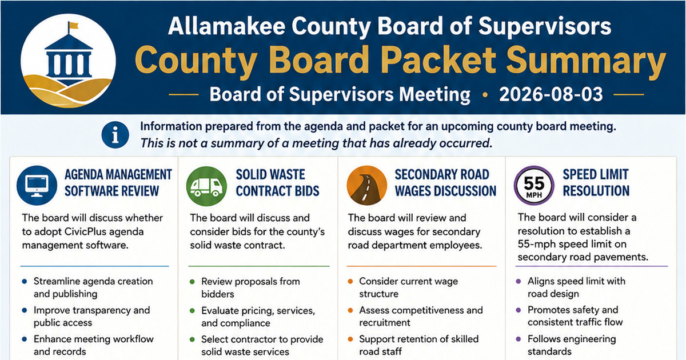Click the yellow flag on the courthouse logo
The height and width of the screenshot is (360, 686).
(74, 25)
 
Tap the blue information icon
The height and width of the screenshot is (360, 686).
(115, 135)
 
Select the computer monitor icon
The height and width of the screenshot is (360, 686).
(37, 186)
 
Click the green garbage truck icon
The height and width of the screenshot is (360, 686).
(206, 186)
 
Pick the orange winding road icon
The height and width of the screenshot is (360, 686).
(366, 186)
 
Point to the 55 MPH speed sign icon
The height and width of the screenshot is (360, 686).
(534, 186)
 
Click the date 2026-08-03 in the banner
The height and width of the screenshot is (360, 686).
(551, 94)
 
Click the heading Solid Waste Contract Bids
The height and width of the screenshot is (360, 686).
(277, 183)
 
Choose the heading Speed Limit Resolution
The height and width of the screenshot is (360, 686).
(596, 183)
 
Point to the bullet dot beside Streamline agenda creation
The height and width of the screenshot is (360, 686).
(25, 281)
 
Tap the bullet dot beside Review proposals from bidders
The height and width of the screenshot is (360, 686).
(192, 282)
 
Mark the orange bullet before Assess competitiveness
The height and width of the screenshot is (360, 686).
(350, 310)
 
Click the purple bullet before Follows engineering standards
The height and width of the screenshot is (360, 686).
(519, 339)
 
